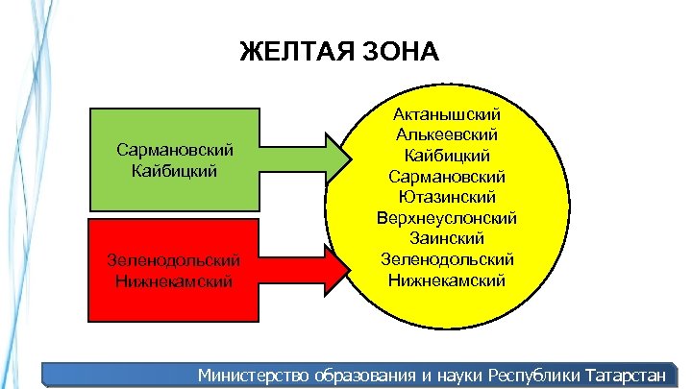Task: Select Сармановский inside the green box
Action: (x=175, y=152)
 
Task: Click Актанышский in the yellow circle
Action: (x=447, y=114)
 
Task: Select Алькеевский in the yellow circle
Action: (x=447, y=134)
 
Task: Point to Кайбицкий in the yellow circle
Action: (x=447, y=156)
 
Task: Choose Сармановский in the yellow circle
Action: (x=447, y=176)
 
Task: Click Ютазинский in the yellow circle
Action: (x=447, y=197)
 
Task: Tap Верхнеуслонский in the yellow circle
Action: (x=447, y=218)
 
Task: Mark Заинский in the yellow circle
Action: (x=447, y=238)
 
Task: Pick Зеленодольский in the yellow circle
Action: (x=447, y=259)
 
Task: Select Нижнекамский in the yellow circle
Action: (x=447, y=280)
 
